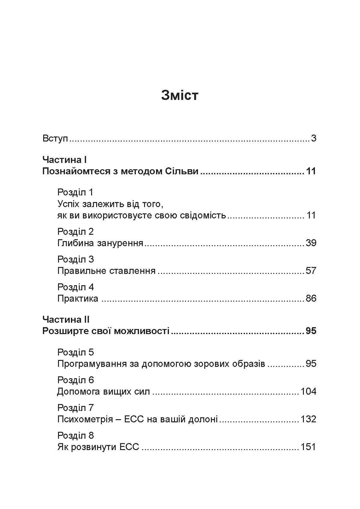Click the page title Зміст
(180, 95)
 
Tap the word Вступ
(55, 138)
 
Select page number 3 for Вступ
(313, 138)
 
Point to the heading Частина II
(66, 320)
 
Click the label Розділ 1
(75, 192)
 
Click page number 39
(311, 243)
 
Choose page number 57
(311, 271)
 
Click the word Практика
(78, 298)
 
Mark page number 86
(311, 298)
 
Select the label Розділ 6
(76, 380)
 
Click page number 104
(308, 391)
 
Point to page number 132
(308, 419)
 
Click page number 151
(308, 447)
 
